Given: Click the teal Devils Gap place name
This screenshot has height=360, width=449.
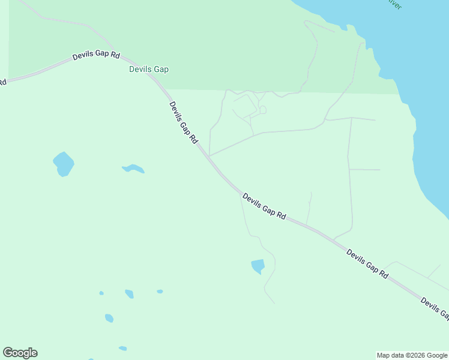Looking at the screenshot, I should click(149, 70).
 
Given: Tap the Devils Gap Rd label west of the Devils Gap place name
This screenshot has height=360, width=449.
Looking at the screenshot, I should click(96, 56).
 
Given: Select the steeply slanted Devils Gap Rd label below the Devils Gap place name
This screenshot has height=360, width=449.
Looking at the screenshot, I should click(183, 122).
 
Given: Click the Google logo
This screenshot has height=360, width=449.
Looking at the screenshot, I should click(20, 353).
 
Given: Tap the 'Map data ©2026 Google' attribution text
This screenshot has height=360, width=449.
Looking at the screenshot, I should click(412, 355).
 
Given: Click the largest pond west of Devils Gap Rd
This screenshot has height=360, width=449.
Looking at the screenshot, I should click(64, 164).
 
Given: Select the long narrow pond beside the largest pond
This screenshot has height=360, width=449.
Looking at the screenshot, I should click(134, 169).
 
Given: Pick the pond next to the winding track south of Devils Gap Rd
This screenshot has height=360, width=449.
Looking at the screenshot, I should click(258, 266).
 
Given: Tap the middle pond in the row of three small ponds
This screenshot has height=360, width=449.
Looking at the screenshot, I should click(129, 293).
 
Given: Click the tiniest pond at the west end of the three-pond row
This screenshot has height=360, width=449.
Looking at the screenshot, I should click(101, 293).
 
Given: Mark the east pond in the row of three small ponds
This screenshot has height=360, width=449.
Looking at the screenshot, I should click(160, 292).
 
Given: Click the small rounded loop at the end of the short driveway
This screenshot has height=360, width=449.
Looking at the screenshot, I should click(263, 110).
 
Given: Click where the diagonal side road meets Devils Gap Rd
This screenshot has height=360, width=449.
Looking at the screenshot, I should click(208, 156).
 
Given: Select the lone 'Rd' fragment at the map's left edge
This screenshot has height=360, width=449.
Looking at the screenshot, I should click(2, 82).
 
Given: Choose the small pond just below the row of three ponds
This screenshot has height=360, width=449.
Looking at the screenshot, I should click(109, 318).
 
